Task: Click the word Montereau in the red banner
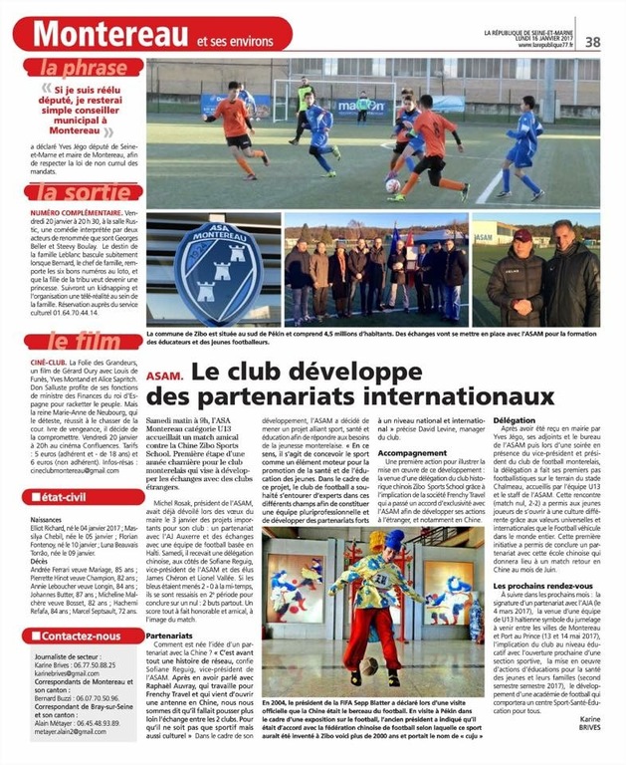point(112,32)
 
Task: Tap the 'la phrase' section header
point(79,69)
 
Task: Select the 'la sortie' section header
point(79,192)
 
